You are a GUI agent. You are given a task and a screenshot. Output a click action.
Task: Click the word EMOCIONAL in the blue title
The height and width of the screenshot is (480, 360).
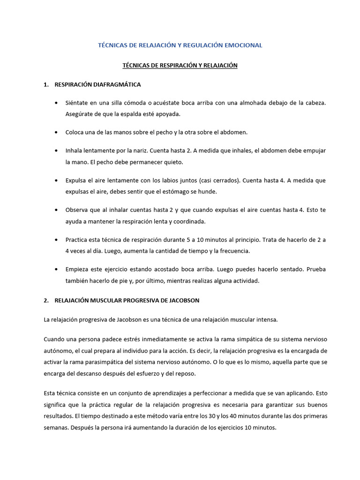(x=243, y=45)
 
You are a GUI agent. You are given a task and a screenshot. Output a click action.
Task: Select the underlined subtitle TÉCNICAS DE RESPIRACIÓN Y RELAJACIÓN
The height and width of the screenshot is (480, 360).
(x=180, y=66)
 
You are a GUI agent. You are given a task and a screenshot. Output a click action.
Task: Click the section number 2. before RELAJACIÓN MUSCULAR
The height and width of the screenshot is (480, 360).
(x=46, y=300)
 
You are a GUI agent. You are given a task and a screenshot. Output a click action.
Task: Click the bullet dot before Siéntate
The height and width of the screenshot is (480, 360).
(x=57, y=103)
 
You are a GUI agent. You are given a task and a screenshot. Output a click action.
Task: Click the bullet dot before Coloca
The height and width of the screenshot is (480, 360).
(x=57, y=132)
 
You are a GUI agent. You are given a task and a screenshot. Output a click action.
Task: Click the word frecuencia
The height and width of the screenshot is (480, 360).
(x=234, y=251)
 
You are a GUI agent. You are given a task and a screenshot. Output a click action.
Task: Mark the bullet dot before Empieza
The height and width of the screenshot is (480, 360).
(x=57, y=270)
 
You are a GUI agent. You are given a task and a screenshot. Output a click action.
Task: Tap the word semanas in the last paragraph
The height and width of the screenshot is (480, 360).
(x=57, y=427)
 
